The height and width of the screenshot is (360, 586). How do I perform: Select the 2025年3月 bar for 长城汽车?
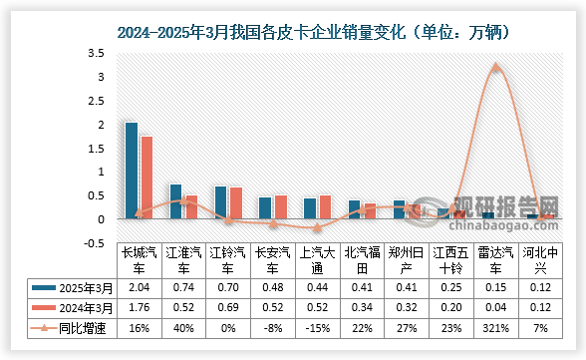131,171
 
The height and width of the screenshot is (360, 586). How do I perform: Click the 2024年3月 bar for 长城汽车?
146,178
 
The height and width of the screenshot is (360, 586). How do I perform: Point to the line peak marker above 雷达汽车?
496,68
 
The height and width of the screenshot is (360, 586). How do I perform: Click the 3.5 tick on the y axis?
97,53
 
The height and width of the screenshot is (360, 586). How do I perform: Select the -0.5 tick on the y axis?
95,242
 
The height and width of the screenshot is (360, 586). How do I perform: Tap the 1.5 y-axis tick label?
97,148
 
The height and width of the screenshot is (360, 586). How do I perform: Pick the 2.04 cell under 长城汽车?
138,287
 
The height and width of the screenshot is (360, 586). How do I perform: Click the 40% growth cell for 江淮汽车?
182,327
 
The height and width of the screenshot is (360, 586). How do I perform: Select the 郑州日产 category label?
406,260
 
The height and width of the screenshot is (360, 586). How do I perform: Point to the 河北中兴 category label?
539,260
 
